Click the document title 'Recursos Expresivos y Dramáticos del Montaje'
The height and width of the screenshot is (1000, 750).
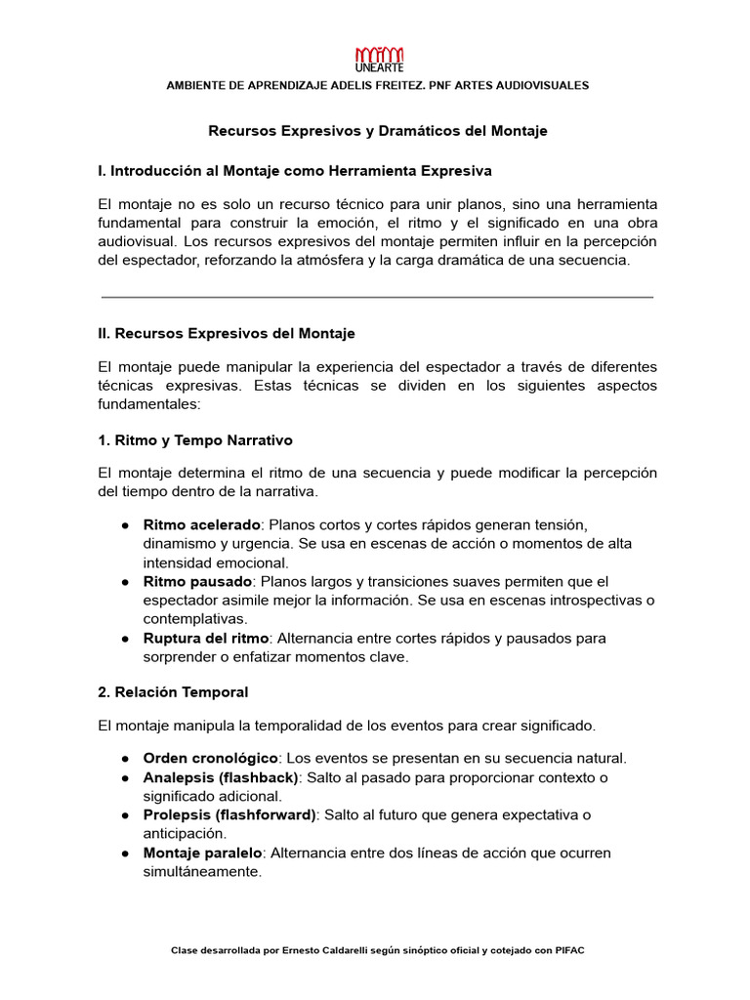(x=379, y=131)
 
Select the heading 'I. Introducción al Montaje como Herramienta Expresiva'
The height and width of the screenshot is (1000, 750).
(x=295, y=171)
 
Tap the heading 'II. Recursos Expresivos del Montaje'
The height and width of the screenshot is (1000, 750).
(x=227, y=333)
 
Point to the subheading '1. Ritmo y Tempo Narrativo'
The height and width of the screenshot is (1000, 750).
(x=195, y=440)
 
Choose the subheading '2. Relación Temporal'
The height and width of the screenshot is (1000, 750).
(x=174, y=692)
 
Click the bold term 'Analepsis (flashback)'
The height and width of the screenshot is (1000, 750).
(x=221, y=777)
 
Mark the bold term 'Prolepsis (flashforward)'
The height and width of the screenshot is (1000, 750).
(x=229, y=815)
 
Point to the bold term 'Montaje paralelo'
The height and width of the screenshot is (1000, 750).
(x=202, y=853)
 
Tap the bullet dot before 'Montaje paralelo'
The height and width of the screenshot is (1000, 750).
(x=126, y=853)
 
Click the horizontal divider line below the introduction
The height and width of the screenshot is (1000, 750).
(x=377, y=297)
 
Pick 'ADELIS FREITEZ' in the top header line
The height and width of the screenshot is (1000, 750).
(x=345, y=86)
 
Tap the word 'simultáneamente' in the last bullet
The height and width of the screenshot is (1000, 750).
(x=202, y=872)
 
